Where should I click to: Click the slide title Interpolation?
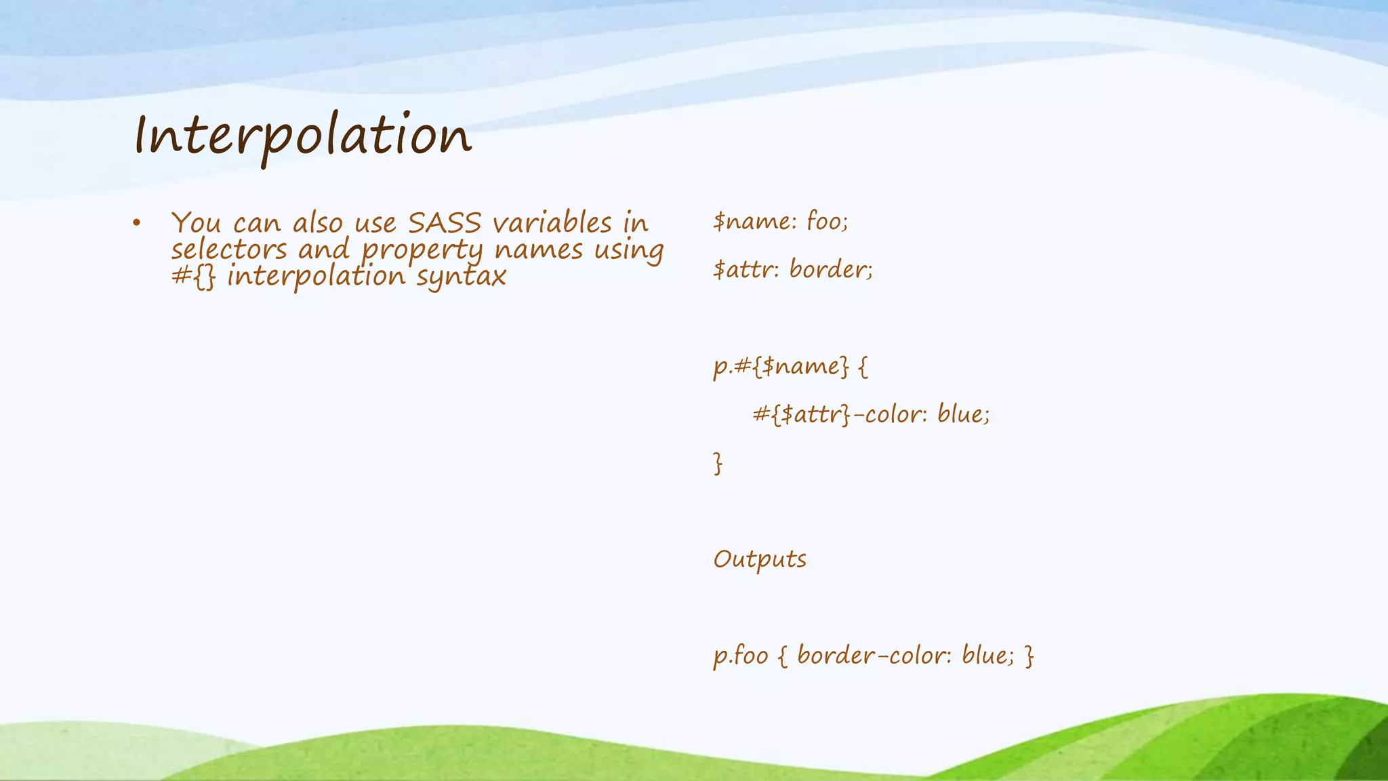[302, 136]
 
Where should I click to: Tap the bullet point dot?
[136, 223]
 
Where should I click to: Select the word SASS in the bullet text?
[445, 223]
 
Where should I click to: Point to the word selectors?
[229, 249]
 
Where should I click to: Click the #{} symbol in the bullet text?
[193, 277]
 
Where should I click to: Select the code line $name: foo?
[780, 222]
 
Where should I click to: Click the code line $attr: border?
[793, 270]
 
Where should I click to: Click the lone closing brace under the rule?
[718, 463]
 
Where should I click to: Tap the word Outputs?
[760, 559]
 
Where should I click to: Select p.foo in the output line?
[741, 656]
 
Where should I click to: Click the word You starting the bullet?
[196, 223]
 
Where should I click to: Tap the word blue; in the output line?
[988, 656]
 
